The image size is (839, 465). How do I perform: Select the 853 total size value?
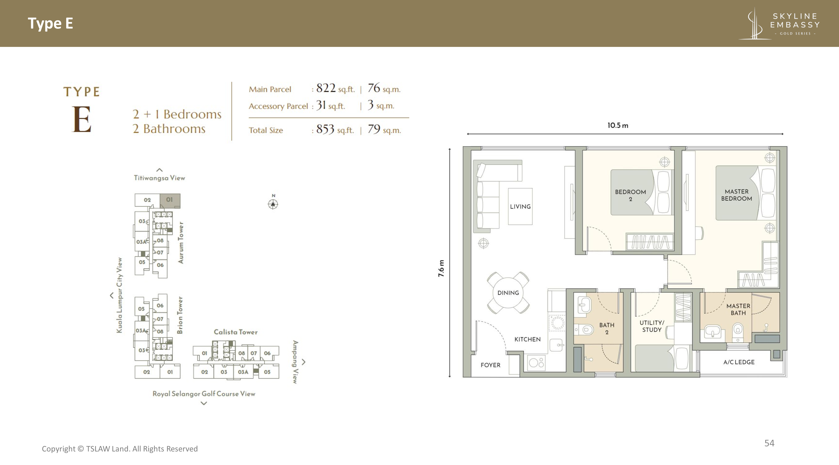325,129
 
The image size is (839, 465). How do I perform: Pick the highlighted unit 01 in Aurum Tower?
170,200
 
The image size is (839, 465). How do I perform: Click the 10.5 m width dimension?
618,126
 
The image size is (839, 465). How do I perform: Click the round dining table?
508,293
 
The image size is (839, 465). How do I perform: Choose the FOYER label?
490,365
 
